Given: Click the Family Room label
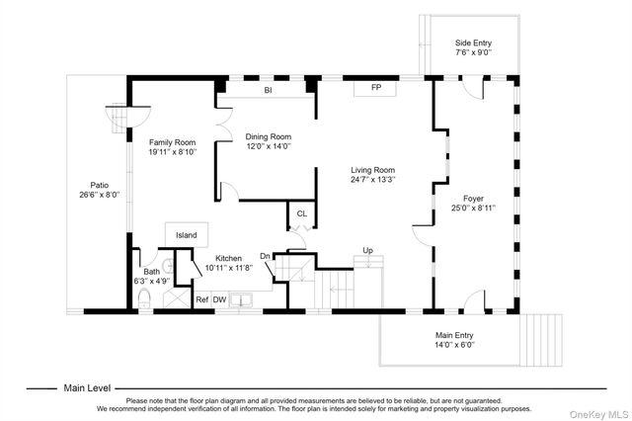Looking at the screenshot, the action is point(172,142).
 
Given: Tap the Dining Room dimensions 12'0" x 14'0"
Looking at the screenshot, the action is point(269,146).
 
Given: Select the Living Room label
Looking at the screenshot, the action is point(373,170).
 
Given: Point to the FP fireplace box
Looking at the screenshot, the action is point(375,88).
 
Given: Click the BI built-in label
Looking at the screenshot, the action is point(268,90).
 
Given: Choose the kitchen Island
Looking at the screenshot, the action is point(187,234).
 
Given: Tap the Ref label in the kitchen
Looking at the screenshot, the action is point(201,299).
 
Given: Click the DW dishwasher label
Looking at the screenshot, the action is point(219,299).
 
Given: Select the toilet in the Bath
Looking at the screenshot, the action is point(144,298).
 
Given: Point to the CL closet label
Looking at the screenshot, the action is point(302,213).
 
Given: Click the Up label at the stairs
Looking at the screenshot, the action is point(367,250).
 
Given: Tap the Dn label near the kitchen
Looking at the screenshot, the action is point(265,256).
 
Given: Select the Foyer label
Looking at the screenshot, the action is point(473,199).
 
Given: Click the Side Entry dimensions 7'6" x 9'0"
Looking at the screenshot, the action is point(474,52).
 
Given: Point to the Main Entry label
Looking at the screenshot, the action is point(454,335).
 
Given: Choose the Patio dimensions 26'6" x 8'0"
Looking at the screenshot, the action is point(100,195).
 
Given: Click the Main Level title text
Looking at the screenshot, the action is point(87,388).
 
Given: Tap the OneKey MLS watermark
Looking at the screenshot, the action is point(599,414).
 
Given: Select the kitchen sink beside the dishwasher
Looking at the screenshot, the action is point(241,300).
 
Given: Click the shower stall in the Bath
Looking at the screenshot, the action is point(177,298).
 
